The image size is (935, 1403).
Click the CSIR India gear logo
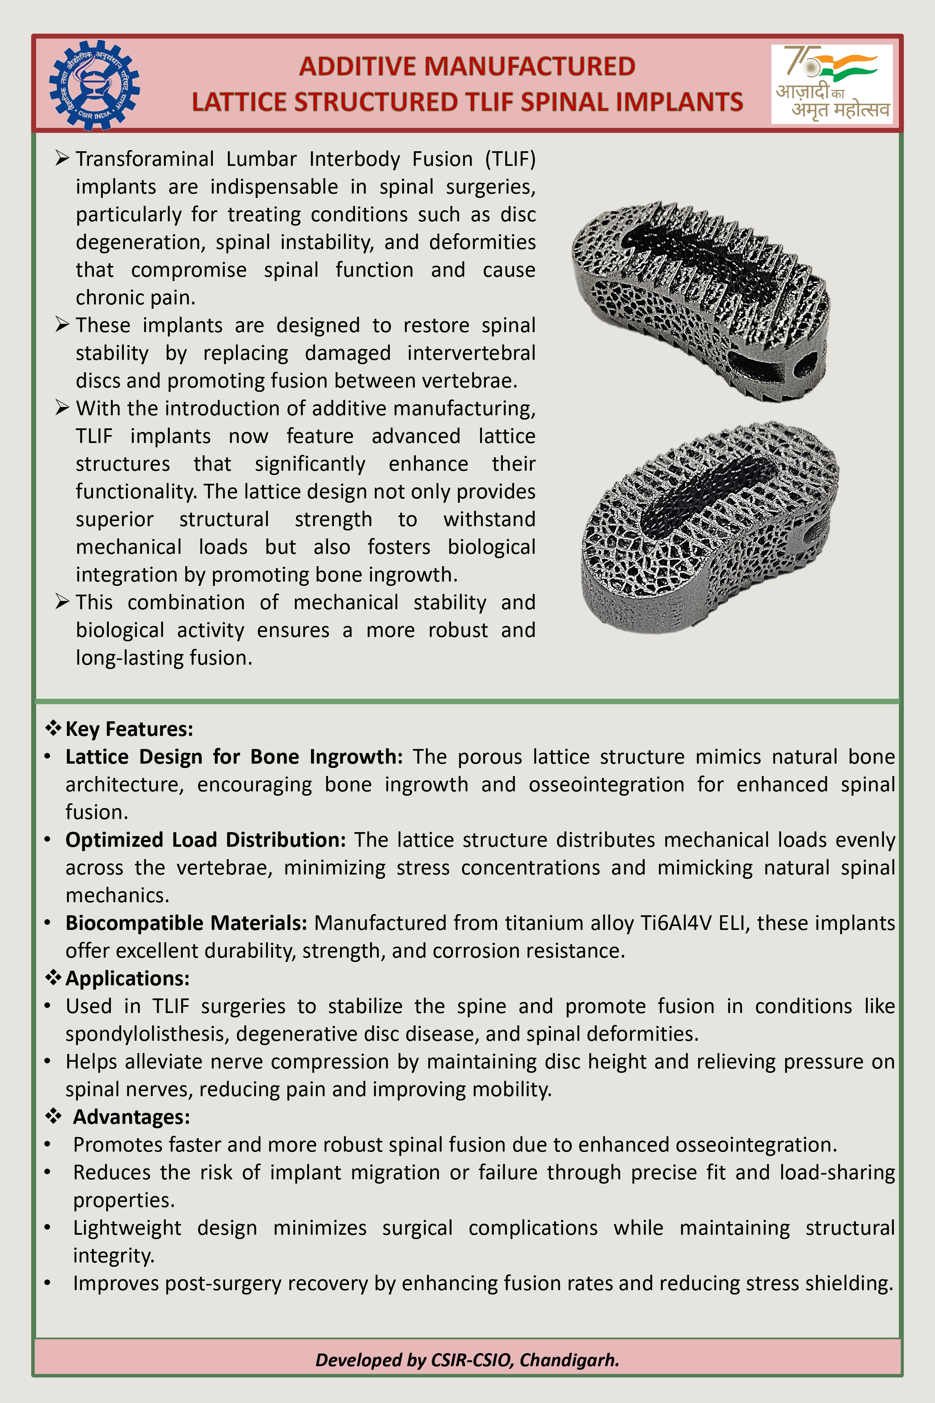tap(94, 85)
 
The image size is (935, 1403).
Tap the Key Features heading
tap(129, 729)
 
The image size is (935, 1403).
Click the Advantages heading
tap(131, 1117)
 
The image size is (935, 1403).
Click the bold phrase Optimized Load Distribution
tap(205, 840)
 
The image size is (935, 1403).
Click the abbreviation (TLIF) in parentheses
tap(510, 159)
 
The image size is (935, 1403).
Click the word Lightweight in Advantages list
tap(127, 1228)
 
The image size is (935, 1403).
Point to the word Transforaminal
tap(145, 159)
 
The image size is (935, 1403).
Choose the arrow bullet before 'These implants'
tap(63, 325)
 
